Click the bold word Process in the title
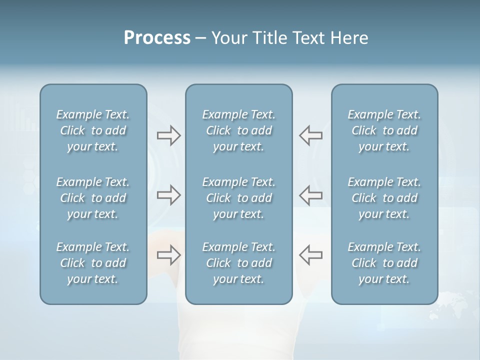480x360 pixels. pyautogui.click(x=157, y=38)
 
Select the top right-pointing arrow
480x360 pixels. pyautogui.click(x=168, y=135)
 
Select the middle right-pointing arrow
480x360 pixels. pyautogui.click(x=168, y=195)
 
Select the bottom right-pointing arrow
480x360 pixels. pyautogui.click(x=168, y=255)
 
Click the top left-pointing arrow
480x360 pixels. pyautogui.click(x=311, y=135)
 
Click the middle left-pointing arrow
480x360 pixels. pyautogui.click(x=311, y=195)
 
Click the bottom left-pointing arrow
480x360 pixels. pyautogui.click(x=311, y=255)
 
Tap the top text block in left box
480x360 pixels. pyautogui.click(x=93, y=130)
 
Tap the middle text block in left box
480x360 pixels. pyautogui.click(x=93, y=198)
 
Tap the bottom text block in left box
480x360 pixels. pyautogui.click(x=93, y=263)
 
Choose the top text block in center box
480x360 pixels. pyautogui.click(x=238, y=130)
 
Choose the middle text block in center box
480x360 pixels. pyautogui.click(x=238, y=198)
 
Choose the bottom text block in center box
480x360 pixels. pyautogui.click(x=238, y=263)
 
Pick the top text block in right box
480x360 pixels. pyautogui.click(x=384, y=130)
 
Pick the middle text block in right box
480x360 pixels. pyautogui.click(x=384, y=198)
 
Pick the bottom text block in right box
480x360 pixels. pyautogui.click(x=384, y=263)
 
